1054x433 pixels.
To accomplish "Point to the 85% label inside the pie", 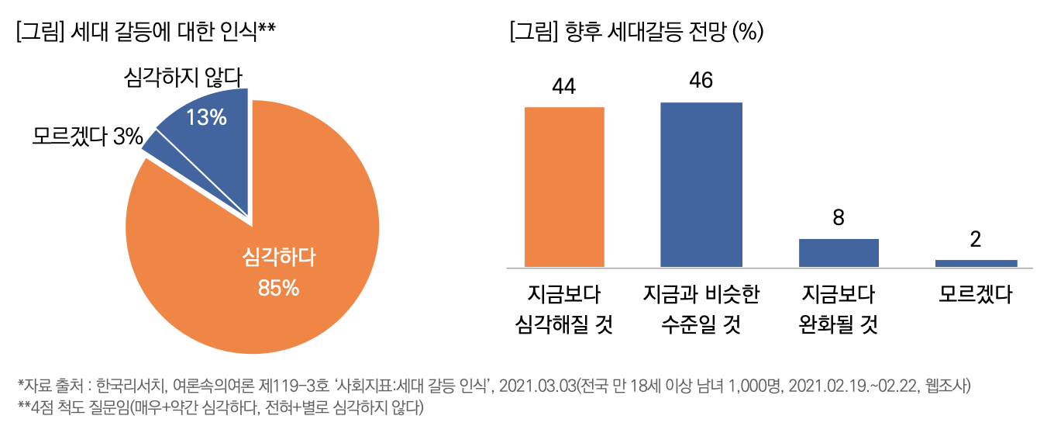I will point(278,288).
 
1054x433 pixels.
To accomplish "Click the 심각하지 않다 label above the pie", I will point(184,78).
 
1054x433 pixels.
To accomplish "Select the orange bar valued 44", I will point(564,186).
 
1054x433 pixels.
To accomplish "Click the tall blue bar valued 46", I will point(701,185).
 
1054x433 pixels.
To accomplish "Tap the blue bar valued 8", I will point(838,252).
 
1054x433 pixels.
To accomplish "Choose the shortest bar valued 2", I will point(976,263).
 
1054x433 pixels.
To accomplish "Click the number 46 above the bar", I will point(701,81).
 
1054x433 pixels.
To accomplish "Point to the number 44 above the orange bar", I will point(564,86).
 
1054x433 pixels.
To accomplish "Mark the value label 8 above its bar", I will point(838,218).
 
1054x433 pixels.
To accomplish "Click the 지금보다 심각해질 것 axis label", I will point(564,309).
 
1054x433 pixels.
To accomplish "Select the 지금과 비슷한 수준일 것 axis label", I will point(701,309).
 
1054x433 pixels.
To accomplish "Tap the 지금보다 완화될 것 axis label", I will point(838,309).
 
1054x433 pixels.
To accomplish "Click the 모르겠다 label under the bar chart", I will point(976,295).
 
